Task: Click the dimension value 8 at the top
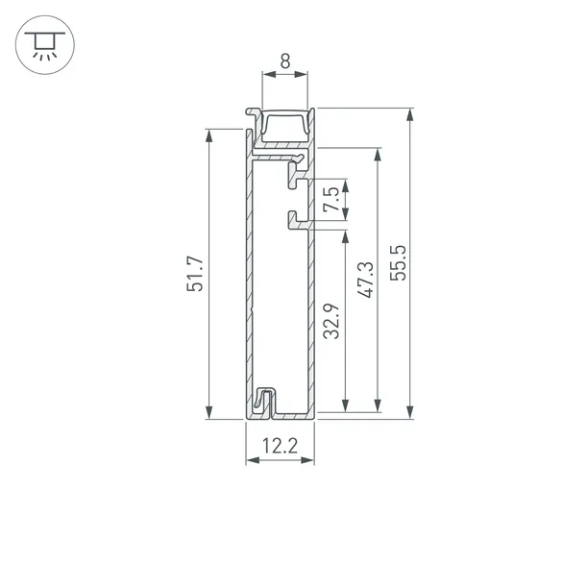tap(284, 61)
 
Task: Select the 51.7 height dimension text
tap(196, 274)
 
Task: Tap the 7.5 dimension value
tap(330, 200)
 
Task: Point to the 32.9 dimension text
tap(330, 323)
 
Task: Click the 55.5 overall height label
tap(399, 262)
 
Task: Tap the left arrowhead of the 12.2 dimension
tap(252, 461)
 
